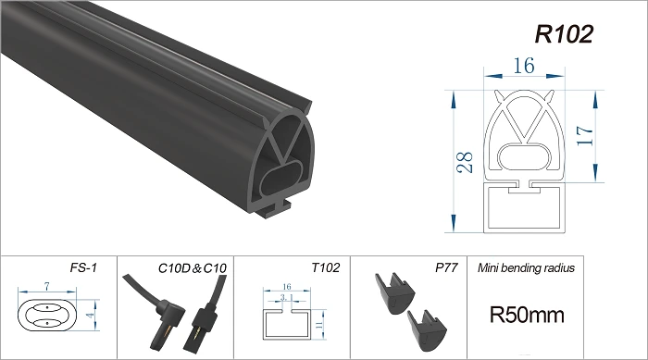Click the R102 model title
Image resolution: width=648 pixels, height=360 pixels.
(564, 34)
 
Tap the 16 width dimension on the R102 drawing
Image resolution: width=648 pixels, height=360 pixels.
(524, 66)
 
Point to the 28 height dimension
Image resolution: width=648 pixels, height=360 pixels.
(465, 162)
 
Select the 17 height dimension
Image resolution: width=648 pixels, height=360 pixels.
(585, 135)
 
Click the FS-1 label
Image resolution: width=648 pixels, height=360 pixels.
(83, 267)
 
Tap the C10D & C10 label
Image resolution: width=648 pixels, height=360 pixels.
(193, 268)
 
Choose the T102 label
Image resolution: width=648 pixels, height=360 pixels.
(326, 267)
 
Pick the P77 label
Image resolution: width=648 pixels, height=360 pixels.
(446, 267)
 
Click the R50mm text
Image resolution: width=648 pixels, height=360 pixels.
(527, 315)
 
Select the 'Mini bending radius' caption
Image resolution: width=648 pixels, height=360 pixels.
(526, 267)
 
